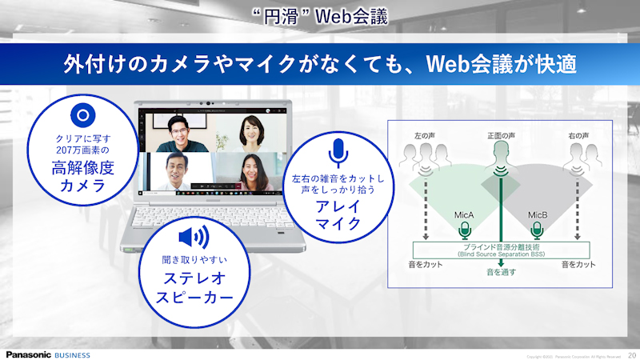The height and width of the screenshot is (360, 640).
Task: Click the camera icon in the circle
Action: [x=79, y=114]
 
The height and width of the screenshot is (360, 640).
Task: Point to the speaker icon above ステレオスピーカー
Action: [x=193, y=237]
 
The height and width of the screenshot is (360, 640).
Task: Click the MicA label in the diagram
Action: [x=463, y=214]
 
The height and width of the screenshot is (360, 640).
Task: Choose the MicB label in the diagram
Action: [x=537, y=214]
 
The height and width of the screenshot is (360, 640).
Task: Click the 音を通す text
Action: [x=502, y=272]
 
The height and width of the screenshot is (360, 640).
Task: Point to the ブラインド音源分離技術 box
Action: [x=501, y=250]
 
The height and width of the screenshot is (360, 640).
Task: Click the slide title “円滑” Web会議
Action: [x=320, y=15]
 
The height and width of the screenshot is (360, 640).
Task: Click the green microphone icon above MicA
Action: [x=463, y=231]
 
